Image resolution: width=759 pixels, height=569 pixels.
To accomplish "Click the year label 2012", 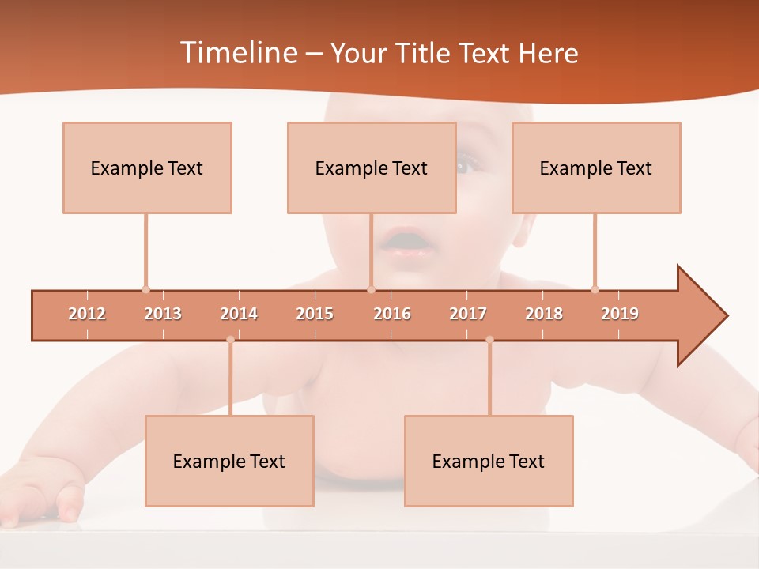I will click(x=87, y=314).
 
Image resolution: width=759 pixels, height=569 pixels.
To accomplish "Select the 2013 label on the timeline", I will click(x=163, y=314).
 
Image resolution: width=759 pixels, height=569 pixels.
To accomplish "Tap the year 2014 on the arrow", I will click(x=239, y=314).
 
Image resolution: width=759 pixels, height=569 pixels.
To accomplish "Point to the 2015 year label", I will click(x=315, y=314).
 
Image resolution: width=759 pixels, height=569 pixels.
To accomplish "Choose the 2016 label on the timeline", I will click(x=392, y=314).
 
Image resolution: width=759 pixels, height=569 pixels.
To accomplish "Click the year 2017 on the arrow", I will click(x=468, y=314).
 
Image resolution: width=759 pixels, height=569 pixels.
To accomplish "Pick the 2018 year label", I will click(x=544, y=314).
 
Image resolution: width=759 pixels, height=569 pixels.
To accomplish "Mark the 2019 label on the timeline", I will click(x=620, y=314).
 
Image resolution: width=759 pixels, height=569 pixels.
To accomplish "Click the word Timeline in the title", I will click(x=237, y=53).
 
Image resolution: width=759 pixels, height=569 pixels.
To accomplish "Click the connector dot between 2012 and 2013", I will click(x=145, y=289).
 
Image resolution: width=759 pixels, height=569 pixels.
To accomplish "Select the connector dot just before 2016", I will click(x=371, y=289).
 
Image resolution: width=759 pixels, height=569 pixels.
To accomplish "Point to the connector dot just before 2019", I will click(x=595, y=289).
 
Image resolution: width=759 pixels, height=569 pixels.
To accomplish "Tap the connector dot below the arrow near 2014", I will click(x=230, y=340).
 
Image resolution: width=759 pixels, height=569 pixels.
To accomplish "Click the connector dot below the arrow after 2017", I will click(x=489, y=340).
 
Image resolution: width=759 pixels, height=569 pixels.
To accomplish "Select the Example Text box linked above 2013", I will click(x=147, y=168).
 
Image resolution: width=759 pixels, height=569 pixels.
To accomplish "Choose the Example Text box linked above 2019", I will click(x=596, y=168).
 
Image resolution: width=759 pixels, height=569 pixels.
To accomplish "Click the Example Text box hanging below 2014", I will click(x=229, y=461).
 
